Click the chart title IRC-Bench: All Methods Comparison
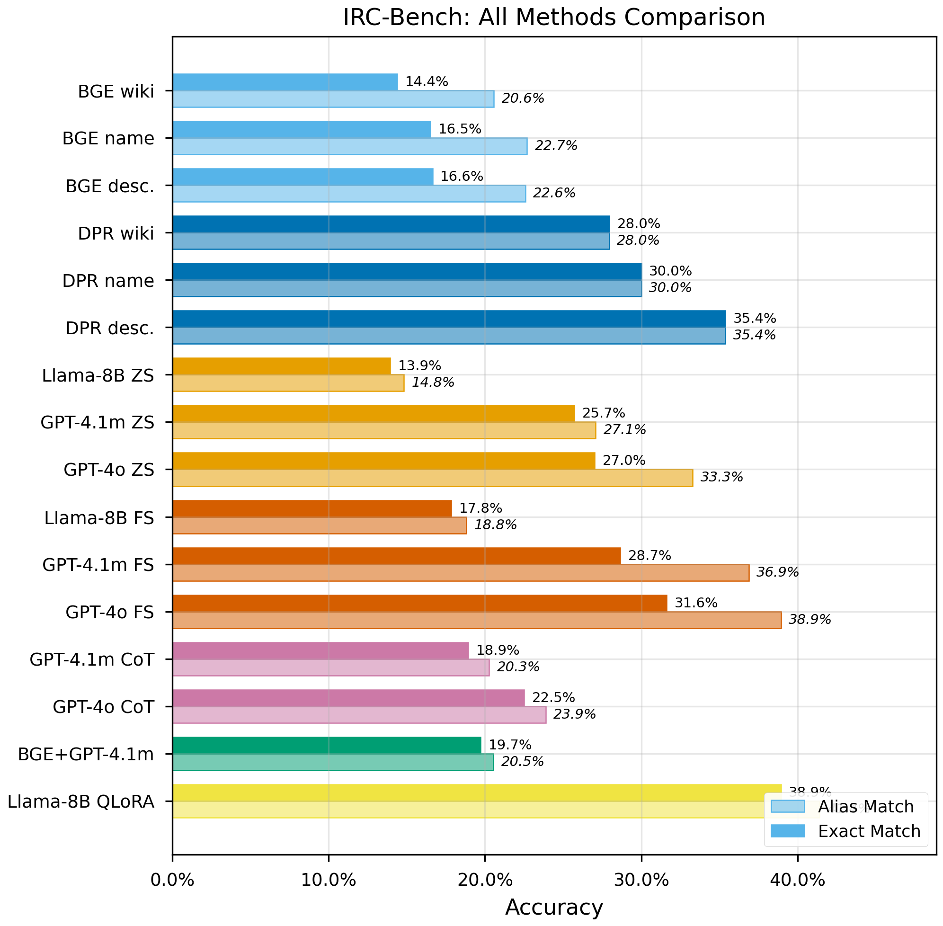[554, 18]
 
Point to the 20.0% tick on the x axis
[485, 881]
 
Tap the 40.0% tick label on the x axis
[798, 881]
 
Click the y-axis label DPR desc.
[110, 328]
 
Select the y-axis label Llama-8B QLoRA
[81, 801]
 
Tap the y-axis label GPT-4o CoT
[104, 707]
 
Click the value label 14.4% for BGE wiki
[427, 82]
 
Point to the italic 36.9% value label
[777, 572]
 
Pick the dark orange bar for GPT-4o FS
[419, 603]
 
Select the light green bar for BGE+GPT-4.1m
[333, 762]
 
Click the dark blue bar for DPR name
[407, 271]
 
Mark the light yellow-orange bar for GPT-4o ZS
[432, 478]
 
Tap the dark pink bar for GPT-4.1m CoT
[320, 650]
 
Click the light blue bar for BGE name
[350, 146]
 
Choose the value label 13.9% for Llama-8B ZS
[419, 366]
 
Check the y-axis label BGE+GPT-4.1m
[86, 754]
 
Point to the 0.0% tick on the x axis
[172, 881]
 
